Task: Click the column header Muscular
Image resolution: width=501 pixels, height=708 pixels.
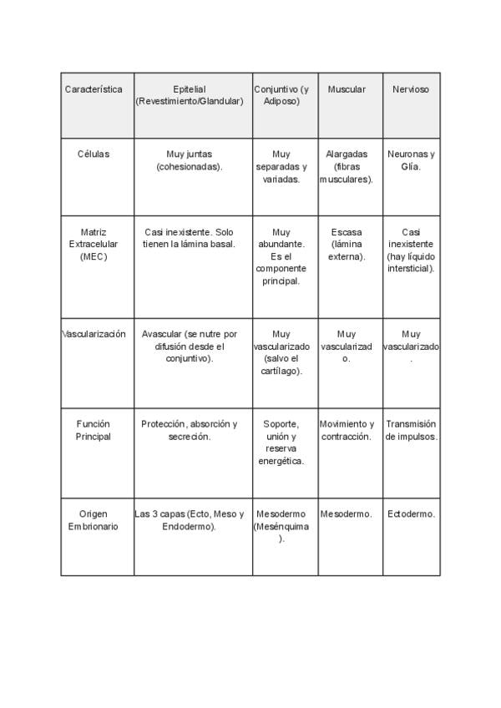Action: (x=347, y=89)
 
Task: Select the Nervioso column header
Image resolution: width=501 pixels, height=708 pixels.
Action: (x=411, y=89)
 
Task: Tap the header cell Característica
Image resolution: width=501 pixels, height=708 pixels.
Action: (x=94, y=89)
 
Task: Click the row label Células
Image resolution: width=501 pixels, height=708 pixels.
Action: (x=94, y=154)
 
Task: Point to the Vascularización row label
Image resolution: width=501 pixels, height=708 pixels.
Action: (x=94, y=334)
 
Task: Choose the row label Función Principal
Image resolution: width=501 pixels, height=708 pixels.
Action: (x=94, y=430)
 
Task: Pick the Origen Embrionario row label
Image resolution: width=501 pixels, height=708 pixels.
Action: (x=94, y=520)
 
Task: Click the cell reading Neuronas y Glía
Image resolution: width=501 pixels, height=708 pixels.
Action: (x=411, y=160)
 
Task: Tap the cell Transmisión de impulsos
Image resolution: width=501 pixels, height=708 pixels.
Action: (x=411, y=430)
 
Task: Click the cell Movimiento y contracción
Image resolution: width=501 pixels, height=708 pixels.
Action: (x=347, y=430)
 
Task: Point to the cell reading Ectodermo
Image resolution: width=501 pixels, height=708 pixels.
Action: (x=411, y=514)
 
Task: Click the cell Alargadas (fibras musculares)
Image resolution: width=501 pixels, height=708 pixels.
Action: (x=347, y=166)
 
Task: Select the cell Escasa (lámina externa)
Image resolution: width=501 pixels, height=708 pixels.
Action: (x=347, y=244)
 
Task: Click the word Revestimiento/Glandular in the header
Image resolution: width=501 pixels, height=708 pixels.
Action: (x=191, y=101)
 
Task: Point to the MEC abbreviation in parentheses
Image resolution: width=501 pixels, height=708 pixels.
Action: (x=94, y=257)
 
